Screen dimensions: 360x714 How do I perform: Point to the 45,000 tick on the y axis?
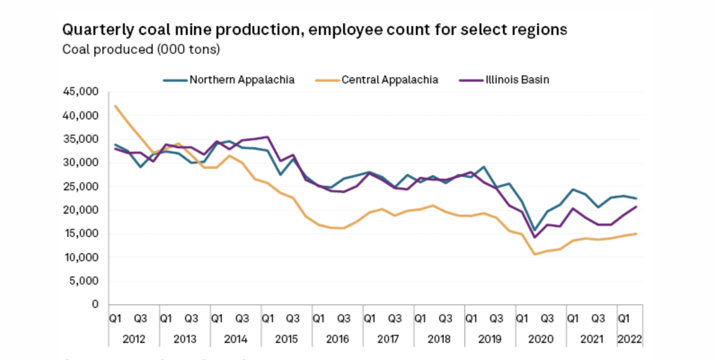click(x=81, y=92)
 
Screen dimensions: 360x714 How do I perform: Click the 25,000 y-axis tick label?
click(x=81, y=186)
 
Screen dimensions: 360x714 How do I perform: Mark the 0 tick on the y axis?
click(x=95, y=304)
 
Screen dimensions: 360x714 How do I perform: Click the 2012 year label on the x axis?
click(x=134, y=339)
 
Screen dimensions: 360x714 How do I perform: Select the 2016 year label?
click(x=337, y=339)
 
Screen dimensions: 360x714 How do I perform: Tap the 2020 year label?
click(x=541, y=339)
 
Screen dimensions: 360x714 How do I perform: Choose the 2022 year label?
click(x=630, y=339)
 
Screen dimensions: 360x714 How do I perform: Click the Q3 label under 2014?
click(x=242, y=319)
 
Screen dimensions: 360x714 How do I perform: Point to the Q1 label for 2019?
click(x=471, y=319)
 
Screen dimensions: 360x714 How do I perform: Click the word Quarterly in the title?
click(x=98, y=30)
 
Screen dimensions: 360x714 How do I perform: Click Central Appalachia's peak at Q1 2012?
click(x=115, y=106)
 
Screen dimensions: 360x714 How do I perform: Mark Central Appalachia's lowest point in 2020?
click(x=534, y=255)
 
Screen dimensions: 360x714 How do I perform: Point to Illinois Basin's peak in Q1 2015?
click(x=268, y=137)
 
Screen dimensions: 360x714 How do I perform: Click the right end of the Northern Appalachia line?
click(x=636, y=198)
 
